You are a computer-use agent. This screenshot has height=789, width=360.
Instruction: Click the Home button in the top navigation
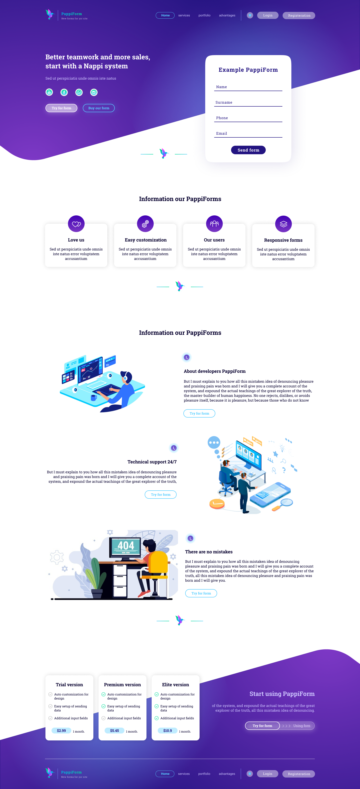point(165,15)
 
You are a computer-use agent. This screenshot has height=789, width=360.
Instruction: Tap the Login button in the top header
point(268,15)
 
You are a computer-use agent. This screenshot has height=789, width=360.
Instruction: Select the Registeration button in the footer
point(299,774)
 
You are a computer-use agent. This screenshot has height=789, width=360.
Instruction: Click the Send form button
point(248,150)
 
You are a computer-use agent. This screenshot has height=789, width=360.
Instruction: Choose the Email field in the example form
point(248,134)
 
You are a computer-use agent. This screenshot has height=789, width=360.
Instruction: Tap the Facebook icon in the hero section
point(64,92)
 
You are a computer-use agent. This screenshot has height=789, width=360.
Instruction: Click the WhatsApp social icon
point(79,92)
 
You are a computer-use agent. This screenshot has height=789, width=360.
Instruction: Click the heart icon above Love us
point(76,224)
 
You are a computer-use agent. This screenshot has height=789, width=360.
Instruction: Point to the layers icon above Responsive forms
point(283,224)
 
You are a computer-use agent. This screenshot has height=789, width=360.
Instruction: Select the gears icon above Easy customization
point(145,224)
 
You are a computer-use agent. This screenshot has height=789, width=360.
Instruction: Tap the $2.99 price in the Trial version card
point(61,731)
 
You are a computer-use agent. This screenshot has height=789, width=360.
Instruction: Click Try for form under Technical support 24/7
point(161,495)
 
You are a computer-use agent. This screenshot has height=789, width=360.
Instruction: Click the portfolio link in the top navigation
point(204,15)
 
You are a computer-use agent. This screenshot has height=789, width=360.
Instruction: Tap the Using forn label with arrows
point(296,726)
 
